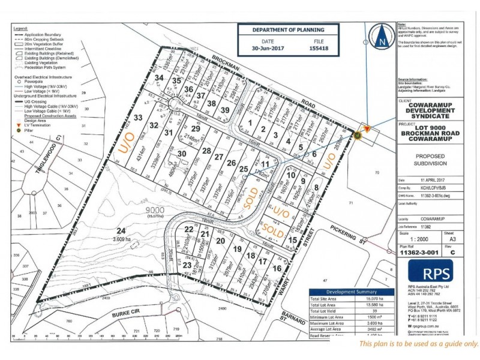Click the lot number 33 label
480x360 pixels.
pos(137,119)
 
